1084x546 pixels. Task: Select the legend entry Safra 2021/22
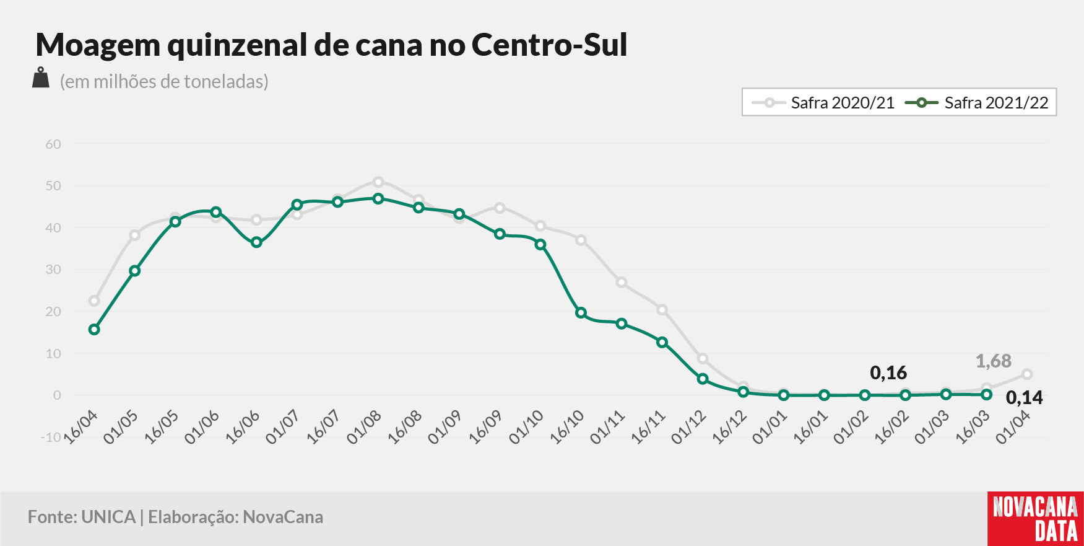click(x=977, y=103)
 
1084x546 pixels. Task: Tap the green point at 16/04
click(x=94, y=329)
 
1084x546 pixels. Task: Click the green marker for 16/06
click(x=256, y=242)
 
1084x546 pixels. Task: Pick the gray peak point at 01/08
click(x=378, y=182)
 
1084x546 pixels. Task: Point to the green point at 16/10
click(x=581, y=313)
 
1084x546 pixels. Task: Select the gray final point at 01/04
click(x=1027, y=374)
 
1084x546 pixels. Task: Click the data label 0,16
click(x=888, y=372)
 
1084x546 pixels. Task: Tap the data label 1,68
click(x=994, y=361)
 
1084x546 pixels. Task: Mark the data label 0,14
click(x=1025, y=397)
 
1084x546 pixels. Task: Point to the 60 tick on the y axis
click(x=53, y=144)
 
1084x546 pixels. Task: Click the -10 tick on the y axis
click(x=51, y=438)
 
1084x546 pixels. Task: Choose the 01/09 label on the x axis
click(x=444, y=426)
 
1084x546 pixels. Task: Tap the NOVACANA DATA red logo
click(x=1036, y=519)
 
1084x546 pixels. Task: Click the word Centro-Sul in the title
click(x=550, y=45)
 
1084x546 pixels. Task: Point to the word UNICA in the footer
click(x=108, y=517)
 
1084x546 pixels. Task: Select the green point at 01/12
click(x=703, y=379)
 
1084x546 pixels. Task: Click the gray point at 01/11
click(x=622, y=283)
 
